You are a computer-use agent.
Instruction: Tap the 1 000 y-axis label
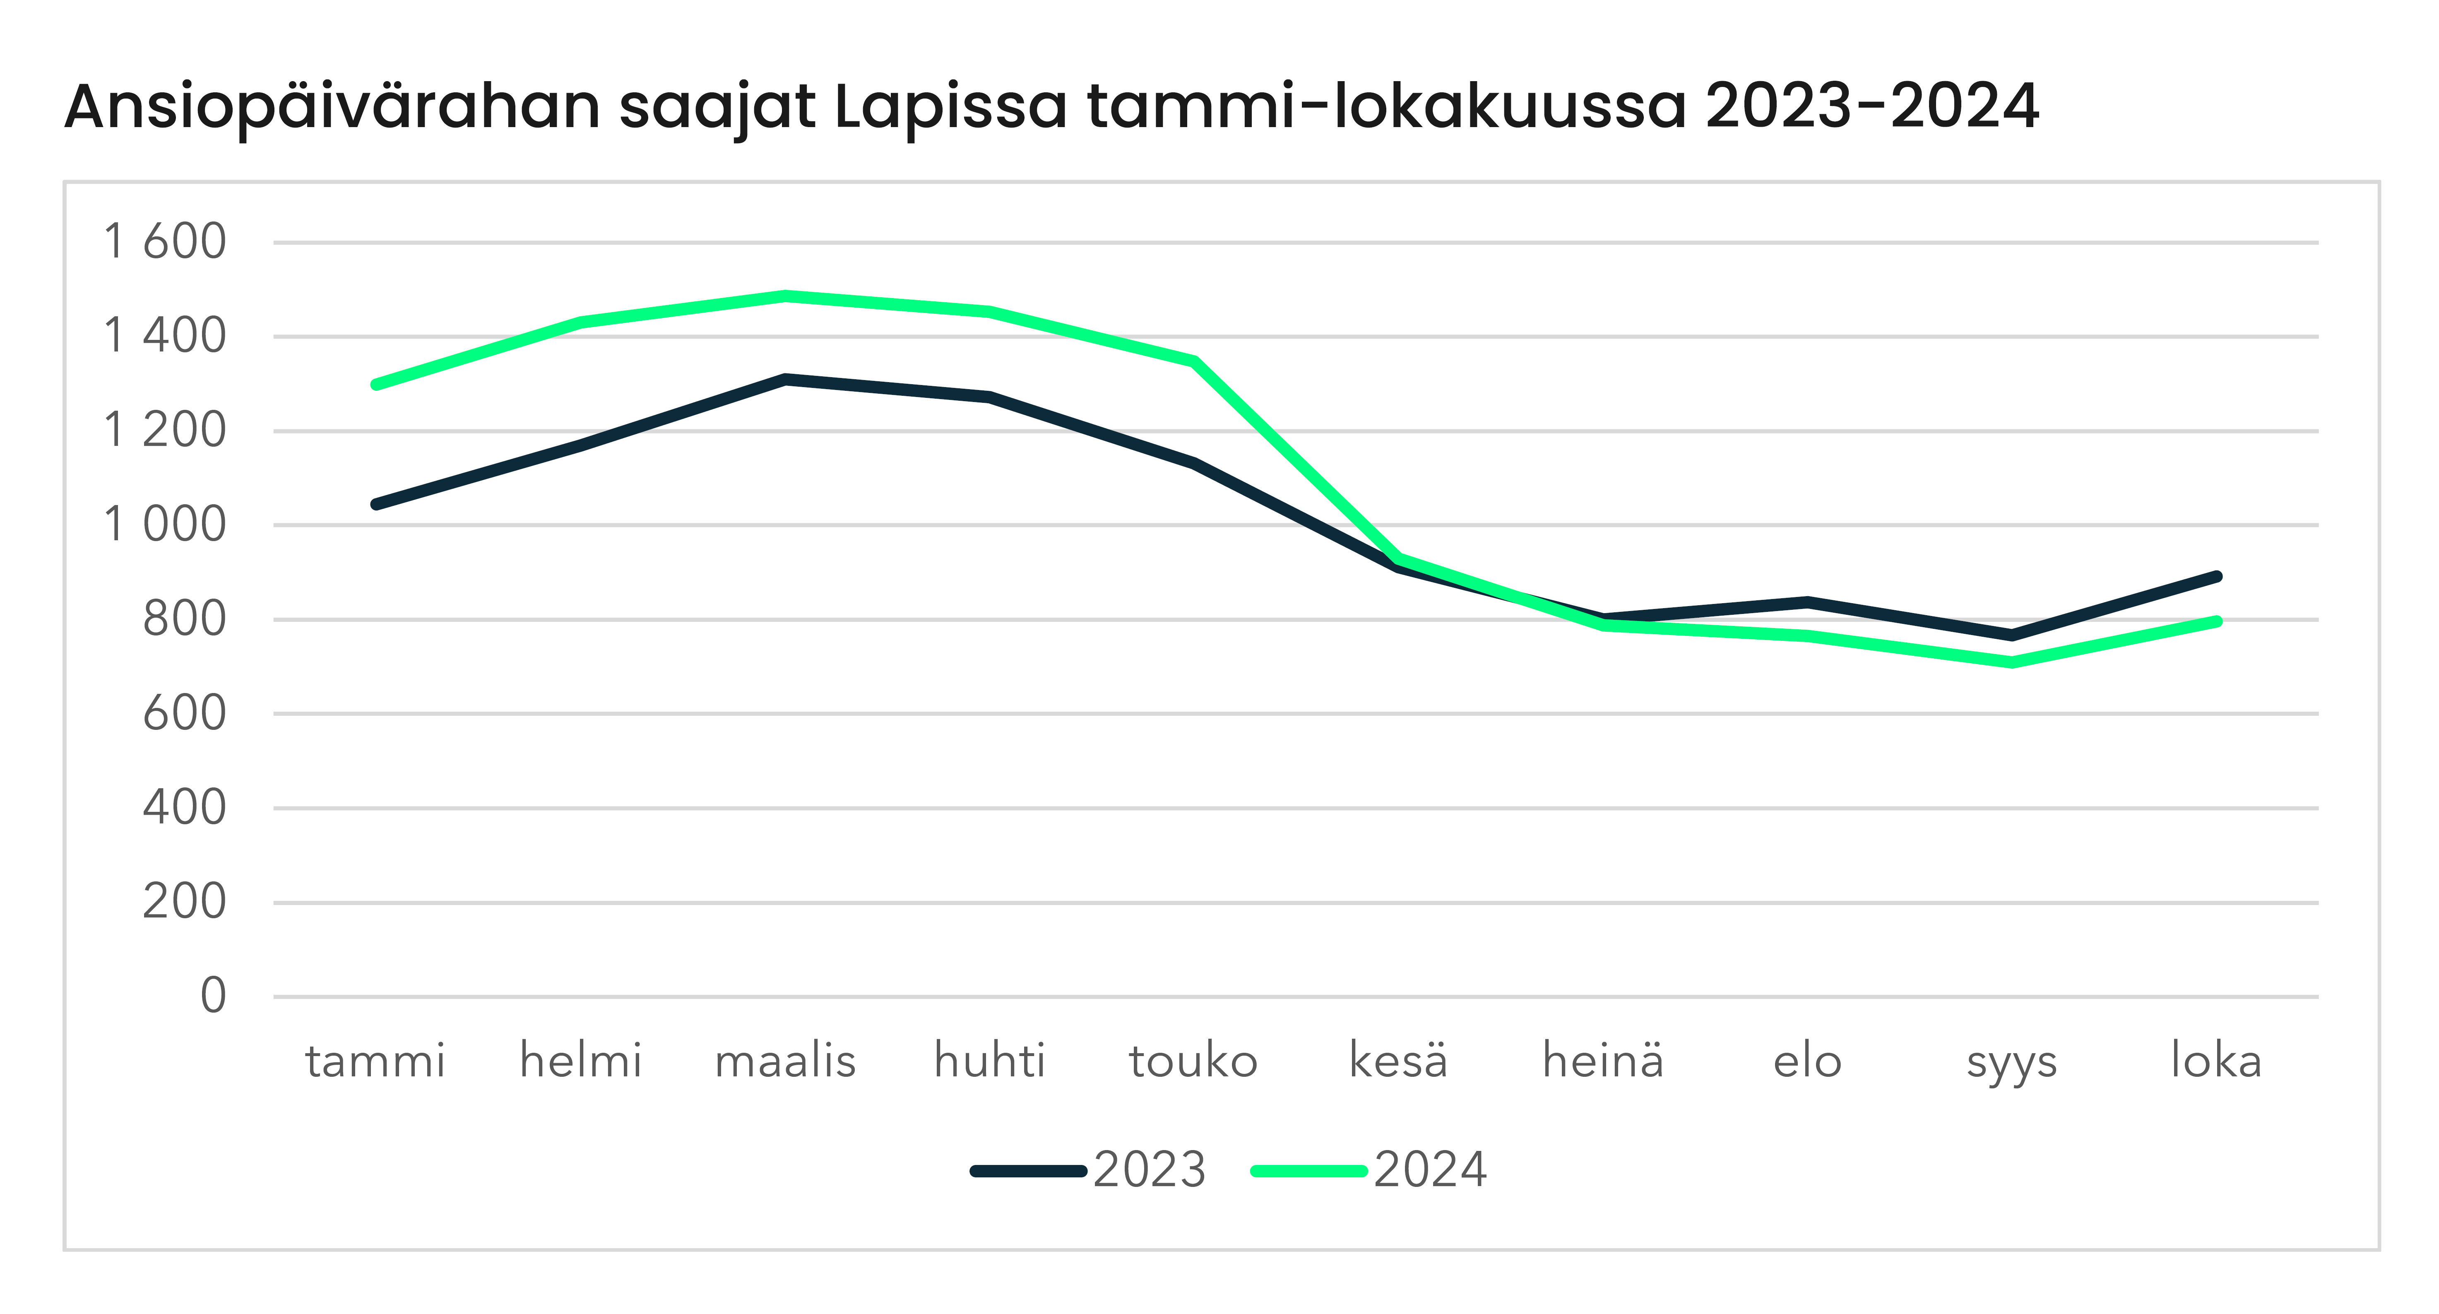165,525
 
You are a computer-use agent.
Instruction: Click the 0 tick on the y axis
213,996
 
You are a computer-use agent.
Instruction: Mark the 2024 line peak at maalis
785,295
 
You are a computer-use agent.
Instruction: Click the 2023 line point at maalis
785,379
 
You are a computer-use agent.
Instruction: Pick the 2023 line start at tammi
376,505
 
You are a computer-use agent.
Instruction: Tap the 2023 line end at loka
2216,575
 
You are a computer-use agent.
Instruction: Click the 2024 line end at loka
2216,621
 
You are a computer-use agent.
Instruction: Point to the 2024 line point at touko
1194,361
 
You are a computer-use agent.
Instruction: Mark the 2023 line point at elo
1807,601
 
